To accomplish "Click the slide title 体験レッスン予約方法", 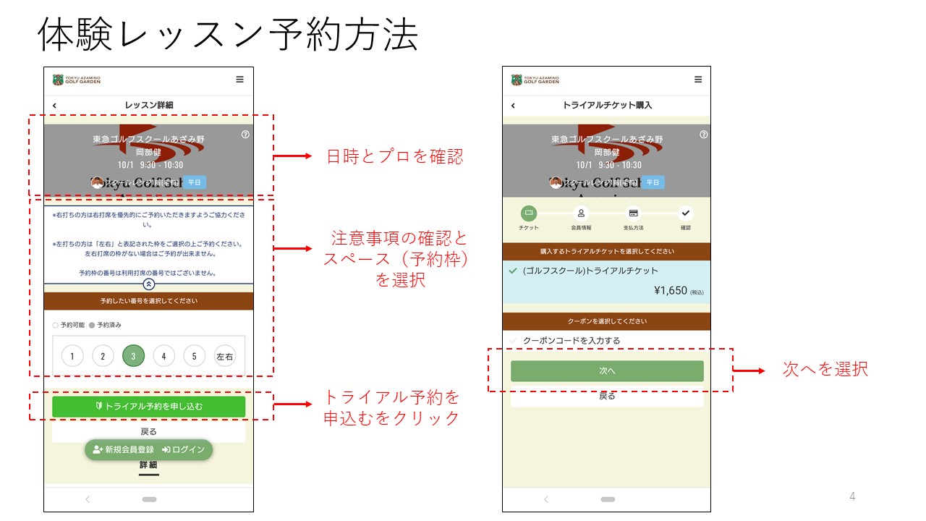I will click(x=228, y=34).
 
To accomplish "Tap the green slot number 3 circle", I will click(x=133, y=356).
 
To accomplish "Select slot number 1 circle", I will click(x=72, y=356).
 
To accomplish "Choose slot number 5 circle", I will click(x=195, y=356).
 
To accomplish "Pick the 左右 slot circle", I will click(x=225, y=356).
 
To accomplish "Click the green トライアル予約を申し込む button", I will click(x=148, y=407).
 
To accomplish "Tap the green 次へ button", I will click(x=607, y=370).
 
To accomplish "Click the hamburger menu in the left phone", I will click(x=240, y=80).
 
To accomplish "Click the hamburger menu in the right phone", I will click(x=698, y=80).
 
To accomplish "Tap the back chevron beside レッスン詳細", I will click(x=55, y=106).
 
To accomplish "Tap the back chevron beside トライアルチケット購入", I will click(x=514, y=106).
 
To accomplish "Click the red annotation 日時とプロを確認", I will click(x=394, y=156).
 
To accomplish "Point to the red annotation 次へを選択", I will click(x=825, y=369).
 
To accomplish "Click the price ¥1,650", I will click(x=670, y=291).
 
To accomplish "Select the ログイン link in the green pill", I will click(x=184, y=449).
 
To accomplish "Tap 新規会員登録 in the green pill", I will click(x=124, y=449).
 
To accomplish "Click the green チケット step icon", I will click(x=529, y=213).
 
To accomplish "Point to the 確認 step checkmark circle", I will click(x=686, y=213).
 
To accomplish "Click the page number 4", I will click(x=852, y=496).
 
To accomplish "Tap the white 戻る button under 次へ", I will click(x=607, y=397).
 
